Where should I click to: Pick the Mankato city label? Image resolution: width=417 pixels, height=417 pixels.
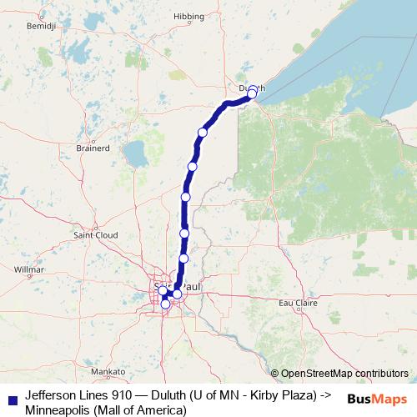[x=108, y=370]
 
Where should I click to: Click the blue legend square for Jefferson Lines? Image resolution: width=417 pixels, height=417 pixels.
[x=11, y=399]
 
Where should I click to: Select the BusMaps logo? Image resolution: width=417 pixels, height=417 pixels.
[x=378, y=399]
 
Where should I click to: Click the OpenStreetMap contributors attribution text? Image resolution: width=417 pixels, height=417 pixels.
[x=344, y=374]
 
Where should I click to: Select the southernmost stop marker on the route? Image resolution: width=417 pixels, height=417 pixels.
[x=165, y=304]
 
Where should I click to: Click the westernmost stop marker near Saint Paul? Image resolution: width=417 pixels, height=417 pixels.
[x=163, y=290]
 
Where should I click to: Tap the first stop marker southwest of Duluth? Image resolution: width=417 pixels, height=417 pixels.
[x=202, y=133]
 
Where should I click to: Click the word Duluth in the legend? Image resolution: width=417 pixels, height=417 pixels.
[x=170, y=394]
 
